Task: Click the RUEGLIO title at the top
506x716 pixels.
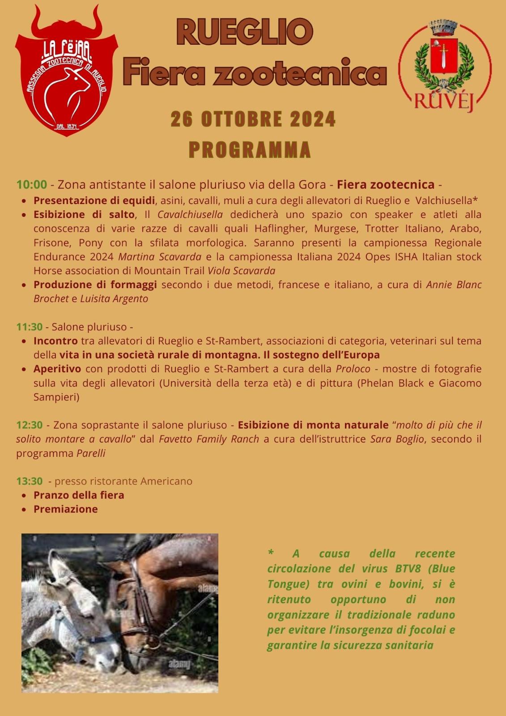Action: point(244,32)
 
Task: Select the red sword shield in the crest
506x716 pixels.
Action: point(443,55)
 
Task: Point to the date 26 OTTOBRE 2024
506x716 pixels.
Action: point(253,119)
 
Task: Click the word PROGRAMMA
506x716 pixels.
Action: point(250,150)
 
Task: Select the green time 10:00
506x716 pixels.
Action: point(31,184)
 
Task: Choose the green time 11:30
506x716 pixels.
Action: point(29,327)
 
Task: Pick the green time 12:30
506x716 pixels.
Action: point(29,425)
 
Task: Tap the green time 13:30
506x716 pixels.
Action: point(29,481)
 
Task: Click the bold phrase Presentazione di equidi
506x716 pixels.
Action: point(94,200)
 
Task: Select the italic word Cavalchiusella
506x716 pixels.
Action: point(190,214)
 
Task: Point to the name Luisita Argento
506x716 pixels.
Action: point(114,298)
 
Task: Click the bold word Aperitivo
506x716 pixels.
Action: point(57,369)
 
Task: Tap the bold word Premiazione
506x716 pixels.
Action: point(65,509)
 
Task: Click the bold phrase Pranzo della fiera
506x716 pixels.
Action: point(79,495)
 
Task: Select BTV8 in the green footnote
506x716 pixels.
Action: point(408,569)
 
